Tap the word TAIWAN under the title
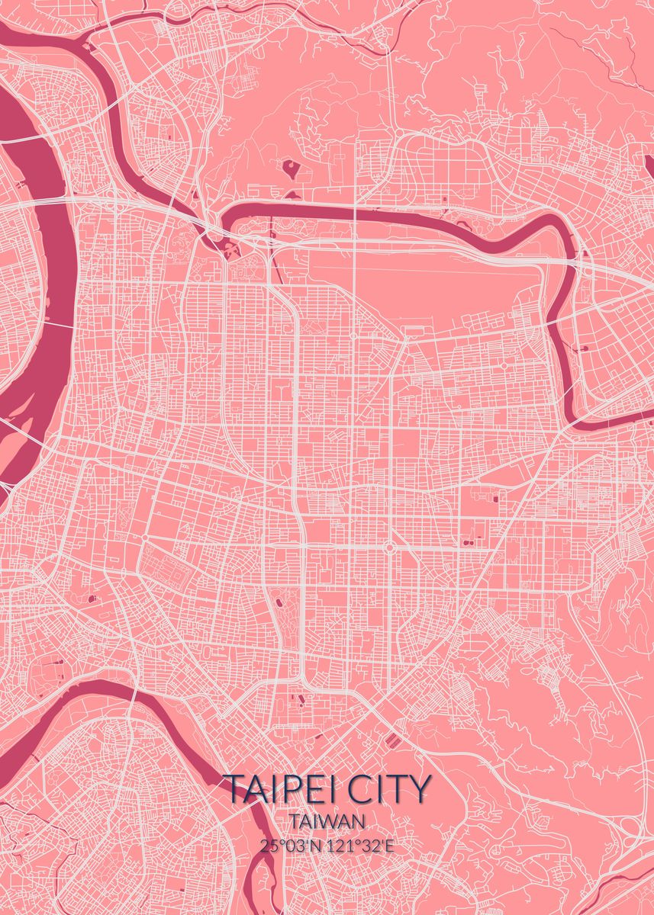click(327, 821)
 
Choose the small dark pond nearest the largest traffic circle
click(461, 541)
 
